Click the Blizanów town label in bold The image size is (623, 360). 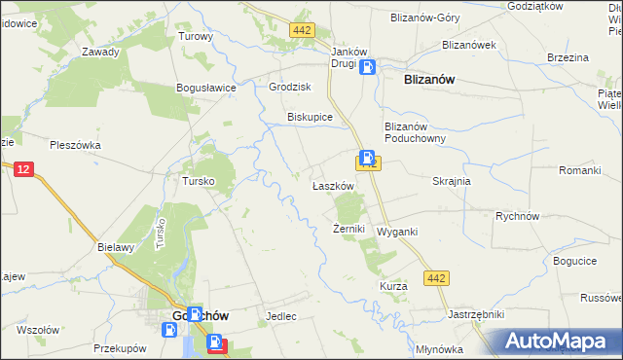click(x=429, y=82)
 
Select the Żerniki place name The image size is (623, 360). click(x=348, y=229)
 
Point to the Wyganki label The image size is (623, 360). click(x=397, y=232)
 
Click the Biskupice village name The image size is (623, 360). click(x=310, y=117)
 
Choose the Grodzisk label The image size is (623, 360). click(x=289, y=87)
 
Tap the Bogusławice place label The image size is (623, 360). click(x=206, y=88)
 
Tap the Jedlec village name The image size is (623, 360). click(x=280, y=317)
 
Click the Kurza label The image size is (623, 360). click(x=393, y=286)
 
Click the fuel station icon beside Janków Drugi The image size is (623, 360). click(x=367, y=67)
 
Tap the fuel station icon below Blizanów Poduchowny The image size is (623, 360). click(x=367, y=157)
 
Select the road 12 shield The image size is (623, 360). click(x=24, y=169)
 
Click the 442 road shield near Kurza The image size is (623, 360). click(x=437, y=279)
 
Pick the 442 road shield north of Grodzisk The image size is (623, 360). click(x=302, y=31)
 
